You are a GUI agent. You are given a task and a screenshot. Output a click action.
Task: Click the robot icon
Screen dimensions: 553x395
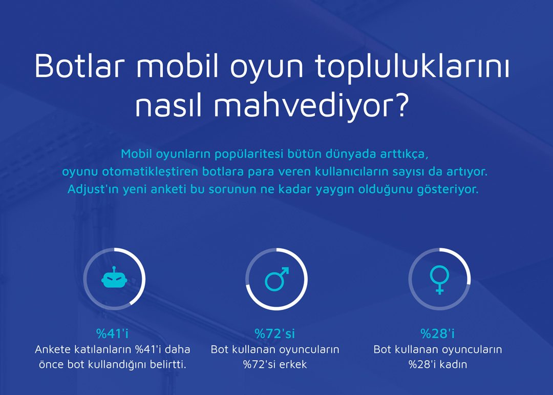click(x=114, y=278)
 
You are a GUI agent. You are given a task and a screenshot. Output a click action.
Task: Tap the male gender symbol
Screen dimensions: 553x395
click(x=277, y=279)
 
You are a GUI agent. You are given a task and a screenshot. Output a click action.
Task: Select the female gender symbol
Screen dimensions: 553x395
click(x=439, y=280)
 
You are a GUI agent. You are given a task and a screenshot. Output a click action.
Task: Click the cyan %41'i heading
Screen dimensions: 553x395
click(x=113, y=333)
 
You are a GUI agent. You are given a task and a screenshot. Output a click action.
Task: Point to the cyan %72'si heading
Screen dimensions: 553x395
click(x=275, y=333)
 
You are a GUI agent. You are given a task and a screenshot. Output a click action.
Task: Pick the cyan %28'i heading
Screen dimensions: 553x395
click(x=438, y=333)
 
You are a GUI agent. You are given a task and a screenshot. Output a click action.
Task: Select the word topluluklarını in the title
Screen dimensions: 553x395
click(x=412, y=67)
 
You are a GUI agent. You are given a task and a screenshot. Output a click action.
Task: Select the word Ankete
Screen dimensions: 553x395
click(x=53, y=349)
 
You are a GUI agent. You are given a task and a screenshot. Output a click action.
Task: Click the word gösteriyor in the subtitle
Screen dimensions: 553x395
click(x=448, y=189)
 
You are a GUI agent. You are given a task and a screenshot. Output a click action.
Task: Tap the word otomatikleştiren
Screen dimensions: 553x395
click(x=150, y=172)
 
